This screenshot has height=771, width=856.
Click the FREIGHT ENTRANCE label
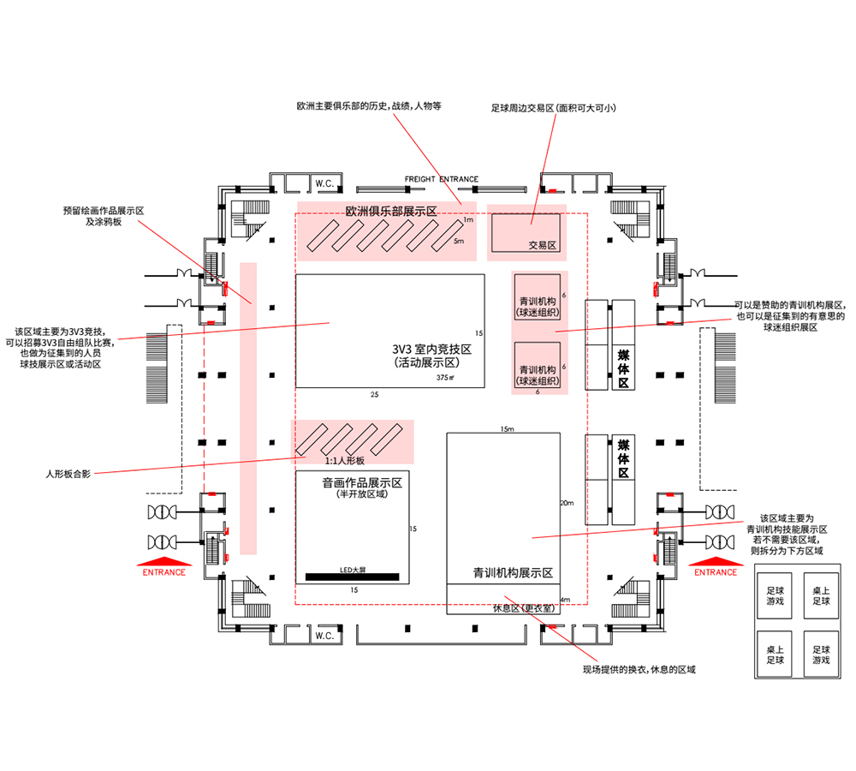tap(441, 180)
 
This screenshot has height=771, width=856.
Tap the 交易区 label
tap(543, 245)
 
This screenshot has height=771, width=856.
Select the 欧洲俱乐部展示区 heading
tap(390, 211)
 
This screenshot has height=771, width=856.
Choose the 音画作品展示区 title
tap(362, 482)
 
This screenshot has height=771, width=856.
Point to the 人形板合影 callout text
tap(68, 473)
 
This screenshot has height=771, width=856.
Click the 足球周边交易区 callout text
tap(554, 109)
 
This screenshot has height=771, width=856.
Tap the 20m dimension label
tap(565, 503)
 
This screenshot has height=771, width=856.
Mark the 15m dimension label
tap(506, 428)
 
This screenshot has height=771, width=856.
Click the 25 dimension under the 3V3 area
tap(374, 395)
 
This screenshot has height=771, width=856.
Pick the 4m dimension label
tap(564, 600)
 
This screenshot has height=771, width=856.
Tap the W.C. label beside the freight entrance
tap(324, 183)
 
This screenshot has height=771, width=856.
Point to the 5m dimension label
tap(459, 242)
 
